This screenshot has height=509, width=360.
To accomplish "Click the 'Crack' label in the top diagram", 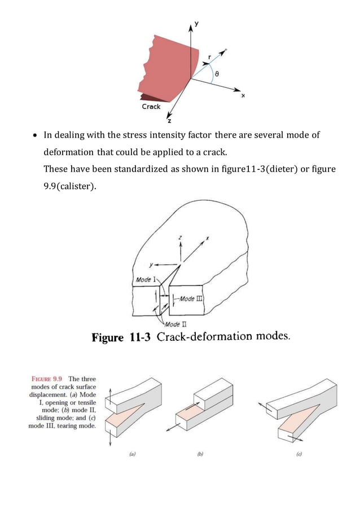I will (151, 106).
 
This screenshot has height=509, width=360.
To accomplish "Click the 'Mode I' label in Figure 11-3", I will (146, 279).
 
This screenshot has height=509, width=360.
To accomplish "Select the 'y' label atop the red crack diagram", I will (197, 24).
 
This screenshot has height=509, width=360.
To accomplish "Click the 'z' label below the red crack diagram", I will (169, 121).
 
